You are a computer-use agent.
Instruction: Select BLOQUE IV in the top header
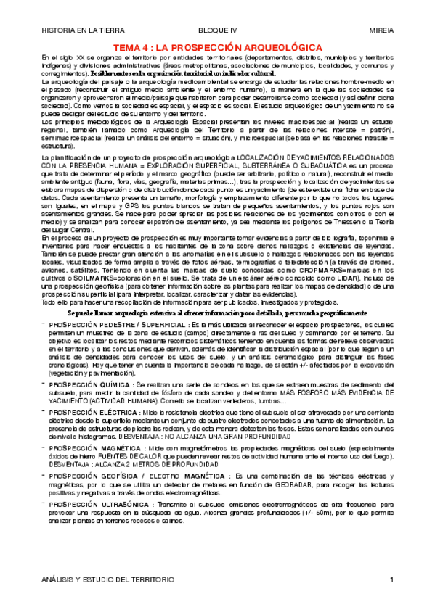(218, 32)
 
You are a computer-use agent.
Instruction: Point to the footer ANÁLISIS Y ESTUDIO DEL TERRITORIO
(107, 580)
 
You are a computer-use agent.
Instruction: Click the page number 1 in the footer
(391, 580)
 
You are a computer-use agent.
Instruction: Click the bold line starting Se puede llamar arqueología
(218, 310)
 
